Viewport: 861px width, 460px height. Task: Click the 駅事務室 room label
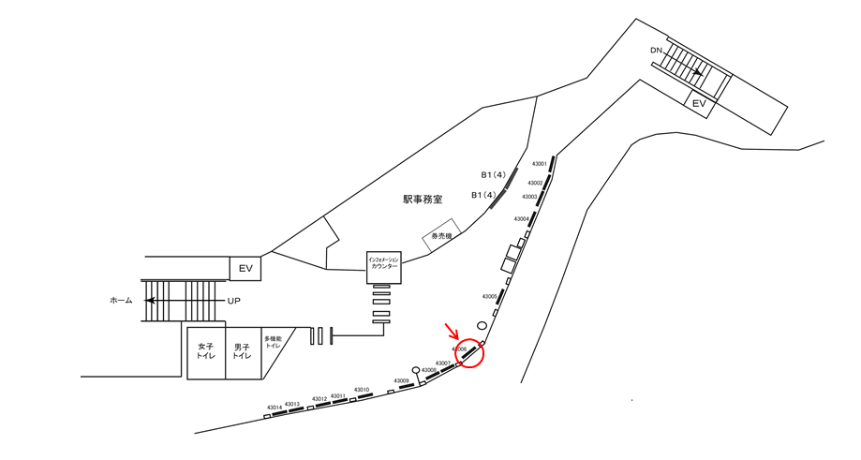coord(423,199)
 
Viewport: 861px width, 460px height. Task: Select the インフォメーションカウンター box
coord(383,266)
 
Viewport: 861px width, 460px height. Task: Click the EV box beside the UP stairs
coord(245,269)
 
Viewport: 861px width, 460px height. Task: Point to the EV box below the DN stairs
coord(698,104)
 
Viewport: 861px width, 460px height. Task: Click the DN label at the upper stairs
coord(657,50)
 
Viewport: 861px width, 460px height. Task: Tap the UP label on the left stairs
coord(236,301)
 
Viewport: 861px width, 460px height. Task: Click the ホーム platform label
coord(121,301)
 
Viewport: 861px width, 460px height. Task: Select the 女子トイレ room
coord(206,351)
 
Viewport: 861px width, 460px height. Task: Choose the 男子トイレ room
coord(242,351)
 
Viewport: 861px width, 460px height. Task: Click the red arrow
coord(453,331)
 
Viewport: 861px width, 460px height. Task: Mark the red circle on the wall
coord(470,352)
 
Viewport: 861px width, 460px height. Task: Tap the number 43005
coord(489,296)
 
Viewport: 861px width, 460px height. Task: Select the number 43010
coord(361,390)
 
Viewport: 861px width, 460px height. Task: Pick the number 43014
coord(274,408)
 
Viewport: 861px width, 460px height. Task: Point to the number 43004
coord(521,218)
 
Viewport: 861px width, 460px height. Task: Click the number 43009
coord(401,381)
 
